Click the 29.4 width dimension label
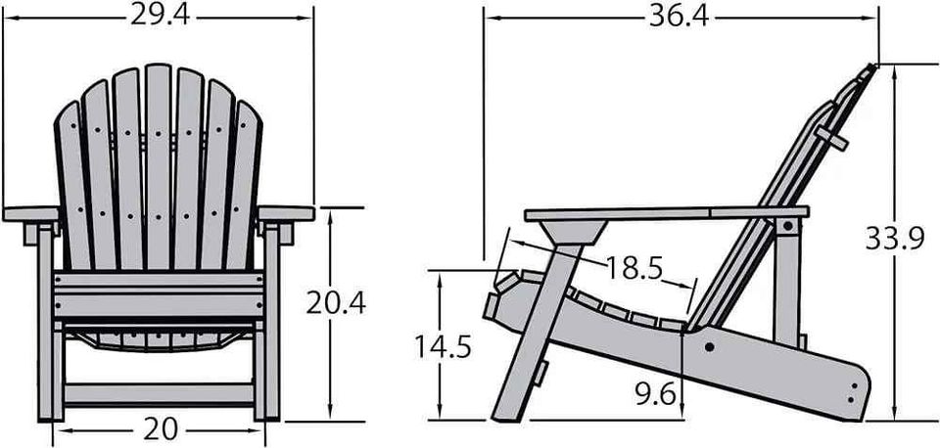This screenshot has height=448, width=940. pos(160,17)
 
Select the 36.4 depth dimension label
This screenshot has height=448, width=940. pos(678,17)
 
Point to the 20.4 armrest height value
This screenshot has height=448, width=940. pos(336,303)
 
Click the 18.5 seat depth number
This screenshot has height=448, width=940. pos(634,268)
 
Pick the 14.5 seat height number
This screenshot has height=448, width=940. pos(444,347)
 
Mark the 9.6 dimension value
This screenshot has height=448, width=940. pos(655,395)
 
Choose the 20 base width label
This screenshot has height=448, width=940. pos(161,428)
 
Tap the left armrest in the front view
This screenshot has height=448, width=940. pos(31,214)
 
